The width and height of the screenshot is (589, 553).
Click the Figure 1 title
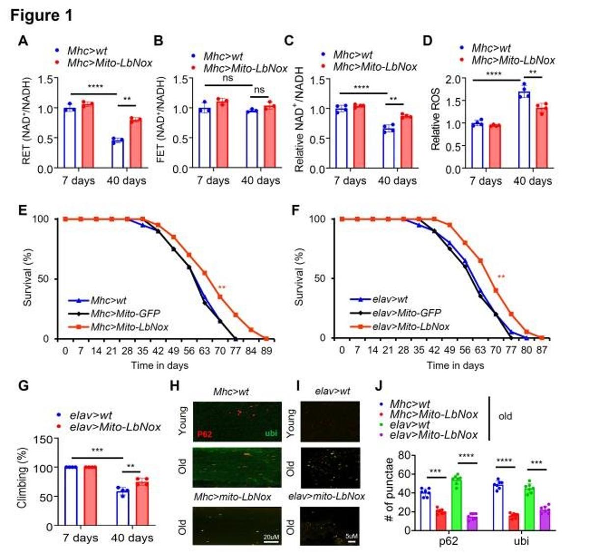point(41,15)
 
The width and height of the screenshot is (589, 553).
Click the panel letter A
point(23,41)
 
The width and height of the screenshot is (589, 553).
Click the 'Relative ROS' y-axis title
point(435,119)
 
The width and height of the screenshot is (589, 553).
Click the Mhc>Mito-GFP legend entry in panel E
point(125,313)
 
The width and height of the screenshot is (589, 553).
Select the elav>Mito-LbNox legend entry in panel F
point(410,326)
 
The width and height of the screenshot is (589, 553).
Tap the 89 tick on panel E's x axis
point(266,351)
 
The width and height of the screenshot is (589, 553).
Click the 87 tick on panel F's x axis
point(541,350)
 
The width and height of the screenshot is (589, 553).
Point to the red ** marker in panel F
point(501,277)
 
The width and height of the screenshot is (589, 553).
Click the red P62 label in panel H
point(204,434)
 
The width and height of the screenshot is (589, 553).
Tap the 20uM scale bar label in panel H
point(271,537)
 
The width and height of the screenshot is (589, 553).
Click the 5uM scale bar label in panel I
point(351,536)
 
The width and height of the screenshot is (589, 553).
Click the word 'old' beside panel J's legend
point(505,416)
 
